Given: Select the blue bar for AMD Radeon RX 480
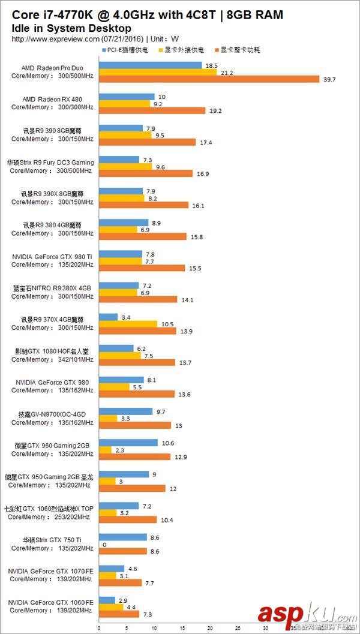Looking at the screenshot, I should tap(127, 97).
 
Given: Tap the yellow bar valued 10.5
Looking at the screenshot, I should tap(128, 324).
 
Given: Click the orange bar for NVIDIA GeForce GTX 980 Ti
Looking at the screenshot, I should tap(142, 268).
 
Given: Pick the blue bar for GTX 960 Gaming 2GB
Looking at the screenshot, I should tap(128, 443).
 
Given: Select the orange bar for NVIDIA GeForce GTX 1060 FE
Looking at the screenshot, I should tap(119, 614).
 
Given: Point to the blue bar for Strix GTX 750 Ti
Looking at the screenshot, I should tap(122, 537).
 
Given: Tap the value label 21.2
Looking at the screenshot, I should tap(227, 73).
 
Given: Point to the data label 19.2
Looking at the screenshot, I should tap(215, 111).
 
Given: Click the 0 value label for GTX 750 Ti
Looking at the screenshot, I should tap(104, 545).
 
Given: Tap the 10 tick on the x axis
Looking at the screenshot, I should tap(154, 629).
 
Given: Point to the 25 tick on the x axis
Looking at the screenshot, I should tap(238, 629).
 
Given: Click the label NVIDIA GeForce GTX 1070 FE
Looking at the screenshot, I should tap(51, 571).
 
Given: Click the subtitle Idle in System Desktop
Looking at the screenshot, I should tap(71, 28).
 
